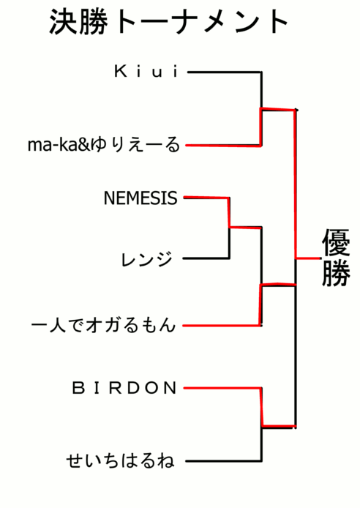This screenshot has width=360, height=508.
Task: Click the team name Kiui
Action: tap(146, 71)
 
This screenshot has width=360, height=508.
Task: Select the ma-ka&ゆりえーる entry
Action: tap(104, 144)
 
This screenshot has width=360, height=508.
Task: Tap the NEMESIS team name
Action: tap(140, 198)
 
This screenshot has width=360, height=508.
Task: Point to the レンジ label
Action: tap(146, 260)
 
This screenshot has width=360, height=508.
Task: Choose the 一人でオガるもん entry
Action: tap(104, 324)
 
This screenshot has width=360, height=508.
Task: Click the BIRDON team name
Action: tap(124, 388)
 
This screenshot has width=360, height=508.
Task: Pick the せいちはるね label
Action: tap(121, 460)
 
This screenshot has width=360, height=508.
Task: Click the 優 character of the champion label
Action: tap(336, 242)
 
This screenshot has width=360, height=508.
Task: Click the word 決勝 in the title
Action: tap(79, 21)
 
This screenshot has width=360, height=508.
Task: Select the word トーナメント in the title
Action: tap(201, 21)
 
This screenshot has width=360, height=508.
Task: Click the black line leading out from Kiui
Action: tap(225, 72)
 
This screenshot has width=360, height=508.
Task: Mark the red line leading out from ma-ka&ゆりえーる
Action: tap(223, 146)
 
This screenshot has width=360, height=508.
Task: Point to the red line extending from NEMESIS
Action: tap(206, 198)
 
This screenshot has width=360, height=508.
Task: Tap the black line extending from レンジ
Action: tap(206, 258)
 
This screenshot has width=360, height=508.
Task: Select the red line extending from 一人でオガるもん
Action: tap(222, 325)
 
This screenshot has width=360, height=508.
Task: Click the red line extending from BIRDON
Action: tap(222, 388)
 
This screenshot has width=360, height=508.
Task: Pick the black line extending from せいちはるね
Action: tap(224, 460)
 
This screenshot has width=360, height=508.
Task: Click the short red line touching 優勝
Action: tap(308, 258)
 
